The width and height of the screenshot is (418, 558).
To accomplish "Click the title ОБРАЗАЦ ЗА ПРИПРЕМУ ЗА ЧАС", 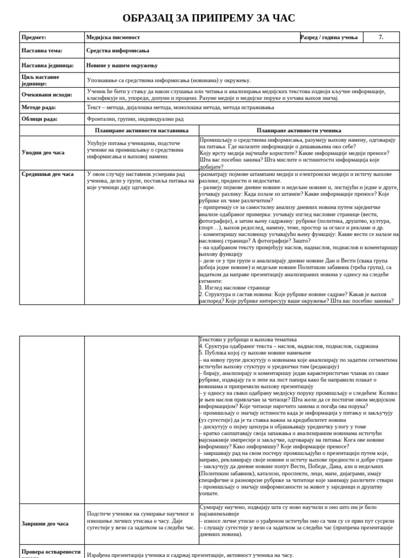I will pyautogui.click(x=209, y=18).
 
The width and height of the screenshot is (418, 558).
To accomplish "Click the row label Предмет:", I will pyautogui.click(x=34, y=37).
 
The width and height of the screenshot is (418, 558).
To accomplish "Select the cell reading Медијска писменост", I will pyautogui.click(x=113, y=37).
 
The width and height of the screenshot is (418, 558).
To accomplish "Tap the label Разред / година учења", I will pyautogui.click(x=329, y=37).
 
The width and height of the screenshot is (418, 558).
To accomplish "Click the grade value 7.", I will pyautogui.click(x=381, y=37).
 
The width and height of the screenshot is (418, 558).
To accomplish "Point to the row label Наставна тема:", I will pyautogui.click(x=42, y=51).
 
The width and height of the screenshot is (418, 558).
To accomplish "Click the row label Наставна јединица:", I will pyautogui.click(x=47, y=65).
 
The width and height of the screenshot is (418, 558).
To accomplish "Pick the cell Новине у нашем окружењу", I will pyautogui.click(x=122, y=65).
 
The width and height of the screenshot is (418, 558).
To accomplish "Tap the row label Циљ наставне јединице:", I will pyautogui.click(x=39, y=80).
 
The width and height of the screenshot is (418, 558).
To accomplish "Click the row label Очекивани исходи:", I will pyautogui.click(x=47, y=94).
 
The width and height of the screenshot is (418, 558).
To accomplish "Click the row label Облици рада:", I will pyautogui.click(x=40, y=119).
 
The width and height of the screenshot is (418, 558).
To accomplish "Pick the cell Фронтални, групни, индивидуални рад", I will pyautogui.click(x=135, y=119).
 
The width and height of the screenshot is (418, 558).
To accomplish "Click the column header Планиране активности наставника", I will pyautogui.click(x=142, y=131).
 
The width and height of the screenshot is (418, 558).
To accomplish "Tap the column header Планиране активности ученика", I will pyautogui.click(x=299, y=131).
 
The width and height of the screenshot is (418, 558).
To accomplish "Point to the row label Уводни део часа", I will pyautogui.click(x=43, y=153).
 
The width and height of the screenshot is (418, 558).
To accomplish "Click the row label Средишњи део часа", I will pyautogui.click(x=47, y=174).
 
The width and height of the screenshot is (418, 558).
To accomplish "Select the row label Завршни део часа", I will pyautogui.click(x=45, y=524).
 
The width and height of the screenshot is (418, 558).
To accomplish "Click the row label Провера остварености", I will pyautogui.click(x=51, y=551).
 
